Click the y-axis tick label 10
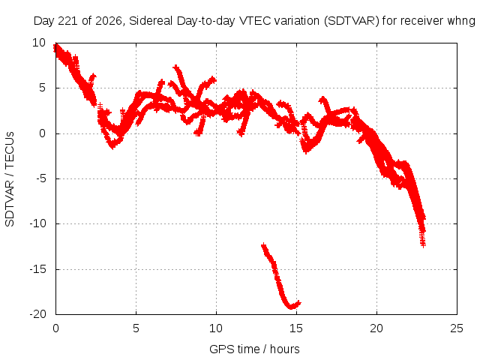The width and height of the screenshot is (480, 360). click(x=39, y=43)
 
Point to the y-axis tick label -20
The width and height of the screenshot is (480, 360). click(x=37, y=314)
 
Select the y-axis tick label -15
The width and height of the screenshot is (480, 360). click(x=37, y=269)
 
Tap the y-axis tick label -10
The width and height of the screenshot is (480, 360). click(x=37, y=223)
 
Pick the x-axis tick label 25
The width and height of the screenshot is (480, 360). click(x=457, y=328)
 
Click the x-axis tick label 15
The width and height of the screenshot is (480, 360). click(x=296, y=328)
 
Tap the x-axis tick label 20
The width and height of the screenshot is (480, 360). click(x=376, y=328)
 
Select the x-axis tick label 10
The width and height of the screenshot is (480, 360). click(x=216, y=328)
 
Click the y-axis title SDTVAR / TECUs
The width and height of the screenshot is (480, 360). click(x=10, y=179)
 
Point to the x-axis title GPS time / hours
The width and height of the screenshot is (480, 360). click(x=254, y=349)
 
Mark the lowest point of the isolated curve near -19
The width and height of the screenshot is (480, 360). click(x=291, y=307)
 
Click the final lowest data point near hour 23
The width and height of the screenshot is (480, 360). click(x=423, y=245)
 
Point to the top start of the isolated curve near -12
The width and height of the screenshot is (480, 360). click(x=263, y=245)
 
